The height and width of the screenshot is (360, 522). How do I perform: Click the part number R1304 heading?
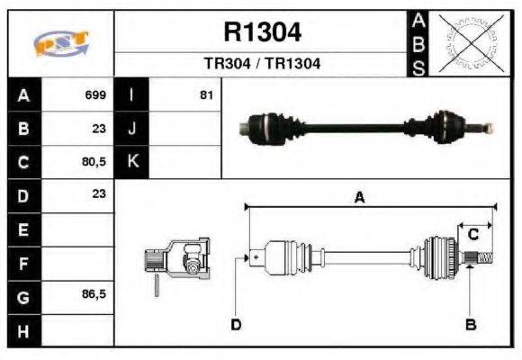click(262, 32)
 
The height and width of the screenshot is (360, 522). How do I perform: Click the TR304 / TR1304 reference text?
click(262, 64)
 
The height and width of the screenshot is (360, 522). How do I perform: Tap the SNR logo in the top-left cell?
click(60, 43)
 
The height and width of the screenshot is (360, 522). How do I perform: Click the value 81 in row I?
click(206, 94)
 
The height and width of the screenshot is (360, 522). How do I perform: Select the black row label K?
click(132, 162)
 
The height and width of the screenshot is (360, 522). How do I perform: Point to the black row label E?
click(22, 229)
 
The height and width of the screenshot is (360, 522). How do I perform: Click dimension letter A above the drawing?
click(359, 198)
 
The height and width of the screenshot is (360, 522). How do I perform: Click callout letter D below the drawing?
click(236, 324)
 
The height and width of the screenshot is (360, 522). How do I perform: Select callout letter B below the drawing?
click(469, 324)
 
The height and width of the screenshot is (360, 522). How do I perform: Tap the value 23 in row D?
click(99, 193)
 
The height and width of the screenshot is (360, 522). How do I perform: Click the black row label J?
click(132, 129)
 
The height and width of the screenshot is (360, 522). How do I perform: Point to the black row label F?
click(22, 263)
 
